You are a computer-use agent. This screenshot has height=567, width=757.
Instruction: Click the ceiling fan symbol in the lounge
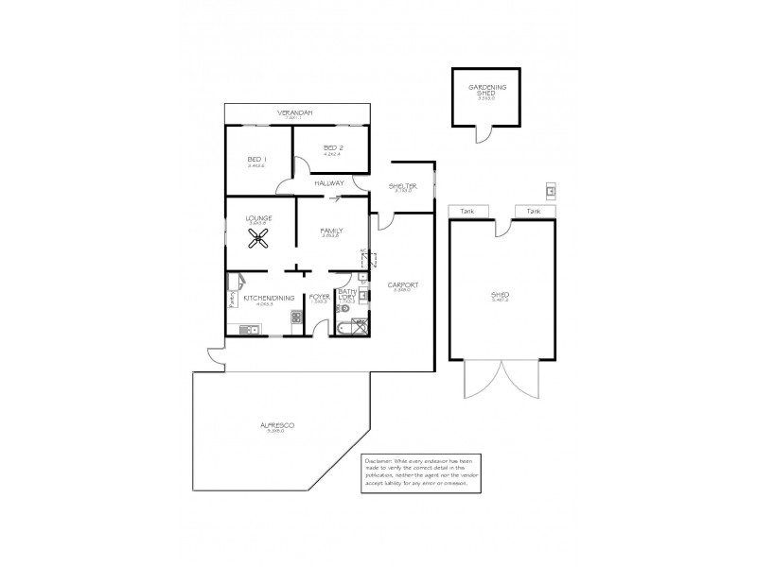tap(259, 239)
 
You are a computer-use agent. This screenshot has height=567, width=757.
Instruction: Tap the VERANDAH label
tap(294, 112)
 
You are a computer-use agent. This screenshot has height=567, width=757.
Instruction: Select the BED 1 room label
tap(256, 159)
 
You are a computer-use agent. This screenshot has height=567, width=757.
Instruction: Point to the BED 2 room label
tap(331, 147)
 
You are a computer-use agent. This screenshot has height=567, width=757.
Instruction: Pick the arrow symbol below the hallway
tap(332, 198)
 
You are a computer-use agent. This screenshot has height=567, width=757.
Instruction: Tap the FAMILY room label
tap(330, 230)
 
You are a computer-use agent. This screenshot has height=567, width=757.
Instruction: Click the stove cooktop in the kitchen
tap(296, 318)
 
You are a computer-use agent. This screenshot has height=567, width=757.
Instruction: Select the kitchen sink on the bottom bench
tap(249, 329)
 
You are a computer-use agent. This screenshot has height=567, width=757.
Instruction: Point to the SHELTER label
tap(403, 186)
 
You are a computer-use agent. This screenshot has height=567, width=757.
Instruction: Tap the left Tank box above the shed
tap(467, 211)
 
